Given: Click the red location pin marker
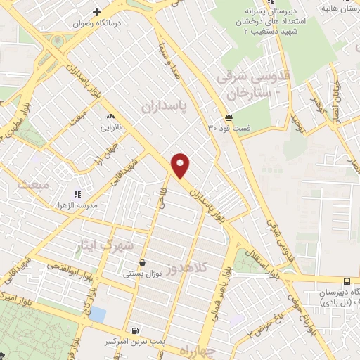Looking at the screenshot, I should pyautogui.click(x=181, y=166).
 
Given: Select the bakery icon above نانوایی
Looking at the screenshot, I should pyautogui.click(x=110, y=116).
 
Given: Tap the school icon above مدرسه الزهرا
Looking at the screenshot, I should pyautogui.click(x=77, y=193).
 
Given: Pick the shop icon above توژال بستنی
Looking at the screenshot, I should pyautogui.click(x=143, y=262).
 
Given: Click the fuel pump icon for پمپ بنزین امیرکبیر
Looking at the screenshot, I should pyautogui.click(x=135, y=329).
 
